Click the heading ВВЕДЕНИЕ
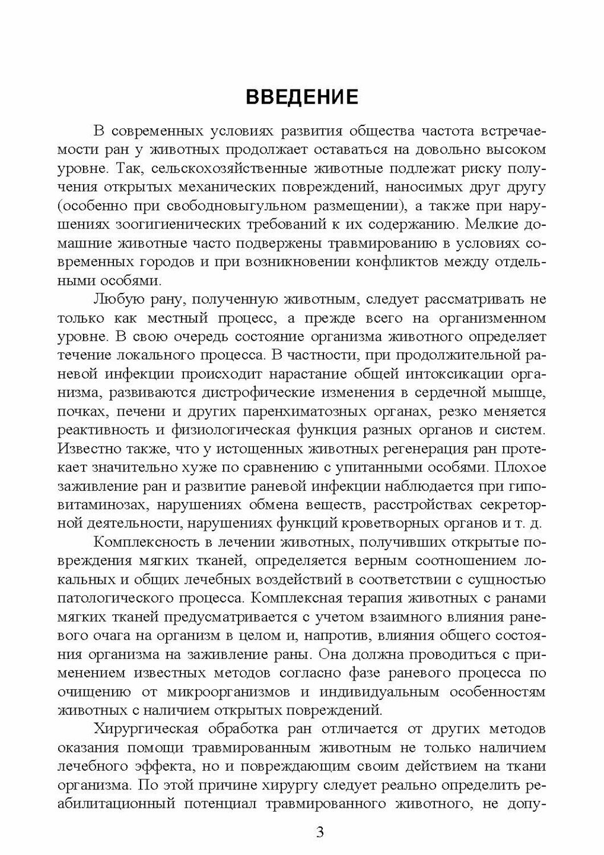pos(302,96)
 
